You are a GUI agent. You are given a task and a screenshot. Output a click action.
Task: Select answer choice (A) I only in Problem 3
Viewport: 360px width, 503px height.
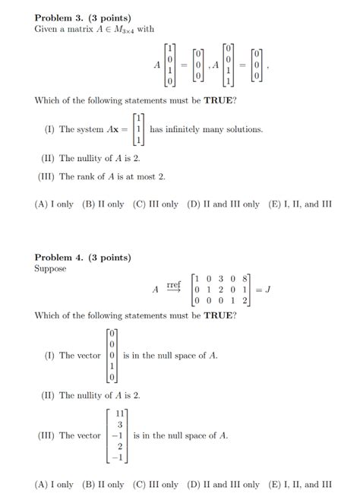tap(54, 204)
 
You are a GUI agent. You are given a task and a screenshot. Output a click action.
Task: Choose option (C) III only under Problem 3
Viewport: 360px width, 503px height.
tap(155, 204)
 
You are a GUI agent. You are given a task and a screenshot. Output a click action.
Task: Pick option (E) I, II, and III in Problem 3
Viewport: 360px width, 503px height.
tap(301, 204)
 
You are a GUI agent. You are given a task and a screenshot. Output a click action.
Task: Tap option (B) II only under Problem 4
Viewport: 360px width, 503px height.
tap(103, 484)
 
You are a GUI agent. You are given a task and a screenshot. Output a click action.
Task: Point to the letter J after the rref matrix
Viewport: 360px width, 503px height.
tap(267, 289)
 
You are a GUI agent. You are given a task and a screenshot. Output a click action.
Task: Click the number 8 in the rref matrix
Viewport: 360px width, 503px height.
tap(245, 278)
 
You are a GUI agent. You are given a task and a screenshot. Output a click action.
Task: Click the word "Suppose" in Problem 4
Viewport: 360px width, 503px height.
tap(50, 268)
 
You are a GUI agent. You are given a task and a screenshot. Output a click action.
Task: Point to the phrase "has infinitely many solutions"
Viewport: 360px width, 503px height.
tap(207, 130)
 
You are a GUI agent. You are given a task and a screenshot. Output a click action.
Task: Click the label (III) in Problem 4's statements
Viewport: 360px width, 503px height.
tap(46, 436)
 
